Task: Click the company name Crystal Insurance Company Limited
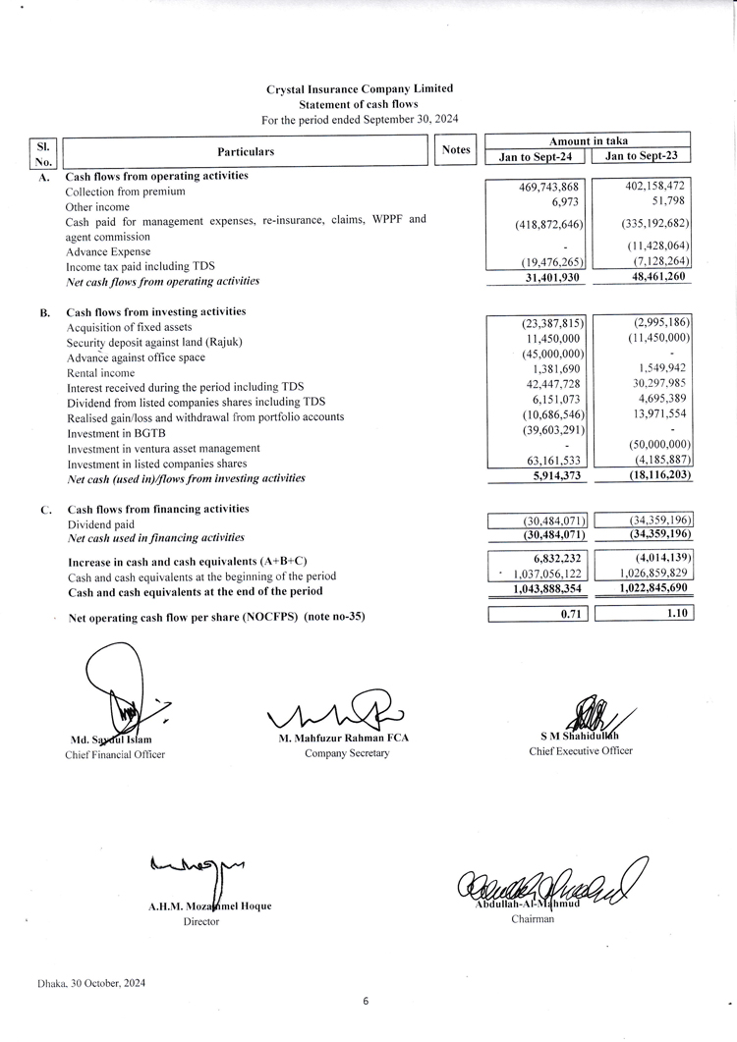(x=360, y=88)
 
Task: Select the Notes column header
(x=456, y=150)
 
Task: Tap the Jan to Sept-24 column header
(x=537, y=156)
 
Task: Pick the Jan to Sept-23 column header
(x=642, y=156)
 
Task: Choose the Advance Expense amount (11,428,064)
(x=657, y=246)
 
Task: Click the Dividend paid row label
(x=100, y=524)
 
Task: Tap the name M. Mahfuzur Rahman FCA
(x=346, y=739)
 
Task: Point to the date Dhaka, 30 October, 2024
(x=91, y=983)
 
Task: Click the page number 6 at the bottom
(x=366, y=1001)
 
